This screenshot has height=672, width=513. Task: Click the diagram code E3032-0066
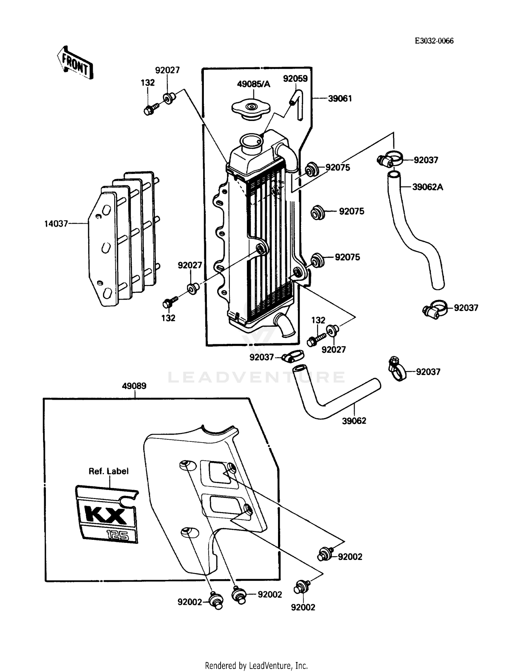(x=434, y=41)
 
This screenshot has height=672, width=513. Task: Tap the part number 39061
(x=340, y=99)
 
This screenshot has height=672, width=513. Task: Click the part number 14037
(x=56, y=224)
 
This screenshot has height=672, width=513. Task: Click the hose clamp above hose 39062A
(x=391, y=159)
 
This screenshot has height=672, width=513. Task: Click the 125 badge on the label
(x=117, y=535)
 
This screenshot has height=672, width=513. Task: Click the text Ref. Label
(x=108, y=471)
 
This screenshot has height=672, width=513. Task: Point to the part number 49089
(x=134, y=386)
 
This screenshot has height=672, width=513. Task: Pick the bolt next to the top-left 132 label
(x=150, y=110)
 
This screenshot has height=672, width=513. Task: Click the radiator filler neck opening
(x=251, y=140)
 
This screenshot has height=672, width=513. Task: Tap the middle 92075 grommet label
(x=351, y=211)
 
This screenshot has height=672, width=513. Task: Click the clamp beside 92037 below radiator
(x=292, y=357)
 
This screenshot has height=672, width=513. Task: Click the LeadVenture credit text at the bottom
(x=256, y=665)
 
